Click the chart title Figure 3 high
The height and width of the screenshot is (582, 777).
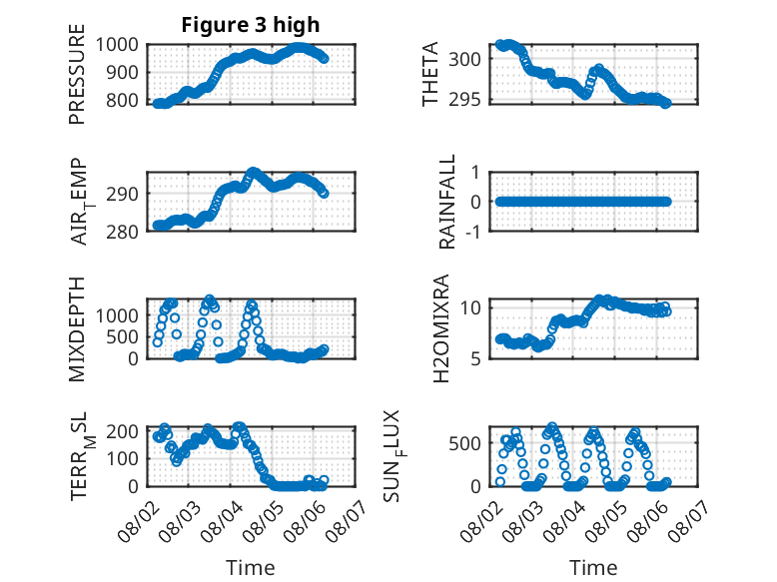tap(251, 25)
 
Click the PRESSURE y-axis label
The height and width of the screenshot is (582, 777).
tap(77, 74)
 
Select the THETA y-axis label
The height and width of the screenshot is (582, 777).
tap(430, 74)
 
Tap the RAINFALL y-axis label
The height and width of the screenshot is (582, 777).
tap(447, 202)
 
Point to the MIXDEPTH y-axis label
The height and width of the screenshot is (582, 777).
tap(77, 329)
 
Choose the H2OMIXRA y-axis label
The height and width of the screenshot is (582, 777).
tap(441, 328)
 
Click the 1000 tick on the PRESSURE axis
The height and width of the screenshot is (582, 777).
tap(117, 45)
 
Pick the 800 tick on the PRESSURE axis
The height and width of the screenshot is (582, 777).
tap(123, 101)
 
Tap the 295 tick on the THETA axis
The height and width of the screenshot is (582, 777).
tap(464, 100)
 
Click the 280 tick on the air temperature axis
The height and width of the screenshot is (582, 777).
tap(123, 232)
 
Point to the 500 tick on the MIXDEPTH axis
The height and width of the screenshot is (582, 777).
tap(123, 336)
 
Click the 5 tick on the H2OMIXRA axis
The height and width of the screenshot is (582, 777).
tap(476, 358)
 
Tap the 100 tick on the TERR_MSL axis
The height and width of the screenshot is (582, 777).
tap(123, 458)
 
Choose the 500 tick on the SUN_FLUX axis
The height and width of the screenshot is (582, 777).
tap(464, 443)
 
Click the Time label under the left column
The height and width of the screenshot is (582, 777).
tap(251, 568)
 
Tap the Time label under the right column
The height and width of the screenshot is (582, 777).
tap(593, 568)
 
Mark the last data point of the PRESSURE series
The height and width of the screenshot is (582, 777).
tap(324, 59)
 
